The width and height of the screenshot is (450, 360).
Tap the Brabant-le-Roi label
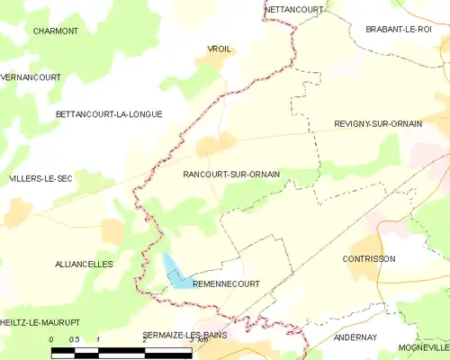point(398,30)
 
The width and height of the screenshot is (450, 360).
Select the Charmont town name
point(55,31)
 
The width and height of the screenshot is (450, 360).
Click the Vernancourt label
point(31,77)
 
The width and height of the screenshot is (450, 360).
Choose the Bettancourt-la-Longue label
point(108,114)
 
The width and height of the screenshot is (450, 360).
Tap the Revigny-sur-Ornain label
point(377,123)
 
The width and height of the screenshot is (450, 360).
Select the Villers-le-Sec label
point(40,179)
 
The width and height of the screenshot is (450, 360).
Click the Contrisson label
point(369,258)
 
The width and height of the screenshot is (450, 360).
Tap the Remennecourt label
point(226,283)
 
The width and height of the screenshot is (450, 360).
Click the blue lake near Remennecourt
point(175,272)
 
